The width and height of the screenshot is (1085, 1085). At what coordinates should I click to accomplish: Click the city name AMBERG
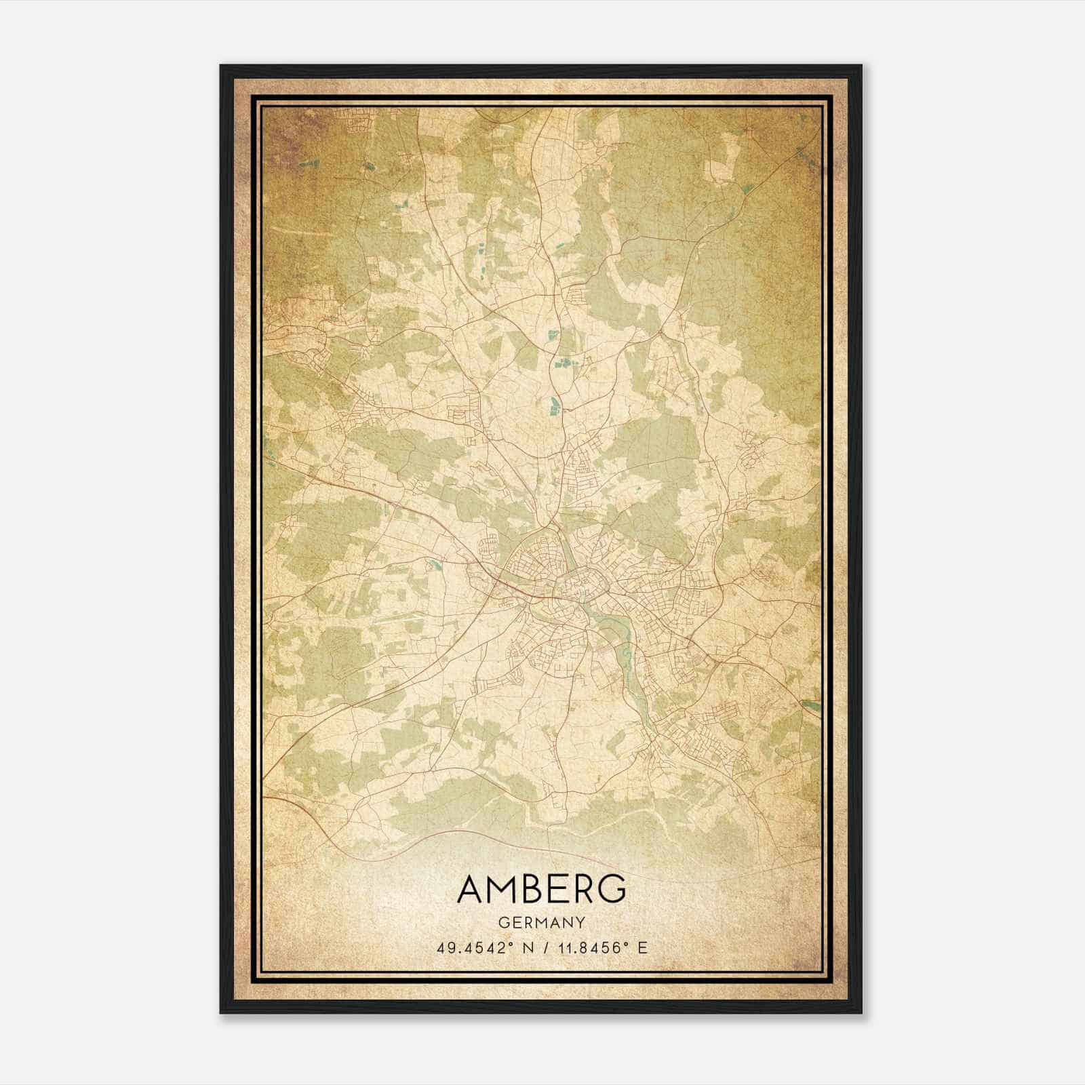point(541,888)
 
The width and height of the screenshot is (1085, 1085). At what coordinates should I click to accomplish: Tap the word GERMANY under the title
point(541,923)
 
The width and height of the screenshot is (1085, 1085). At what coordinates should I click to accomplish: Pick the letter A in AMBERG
point(470,888)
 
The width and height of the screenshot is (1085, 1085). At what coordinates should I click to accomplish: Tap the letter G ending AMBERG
point(612,888)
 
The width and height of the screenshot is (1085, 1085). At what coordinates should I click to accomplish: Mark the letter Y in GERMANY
point(580,923)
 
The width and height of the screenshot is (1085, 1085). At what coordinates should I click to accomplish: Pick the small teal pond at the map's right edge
point(811,705)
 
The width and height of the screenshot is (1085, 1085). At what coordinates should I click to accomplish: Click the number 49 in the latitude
point(445,947)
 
